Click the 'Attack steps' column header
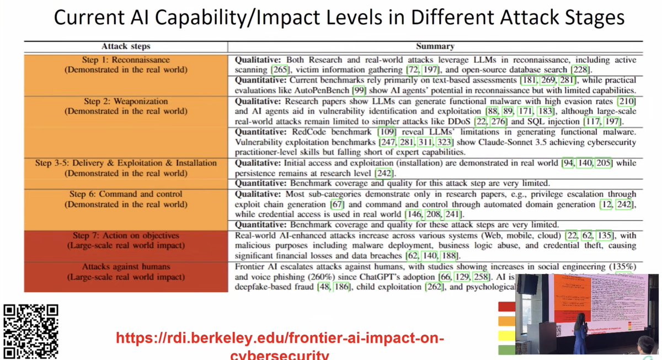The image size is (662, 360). click(126, 46)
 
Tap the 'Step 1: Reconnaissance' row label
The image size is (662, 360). click(126, 60)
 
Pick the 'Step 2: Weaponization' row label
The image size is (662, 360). click(126, 101)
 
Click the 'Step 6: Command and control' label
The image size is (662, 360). click(126, 194)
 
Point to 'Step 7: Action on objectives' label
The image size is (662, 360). click(126, 235)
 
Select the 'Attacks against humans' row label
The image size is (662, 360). click(126, 267)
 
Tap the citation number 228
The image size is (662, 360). click(579, 70)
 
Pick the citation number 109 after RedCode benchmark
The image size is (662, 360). click(386, 132)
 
